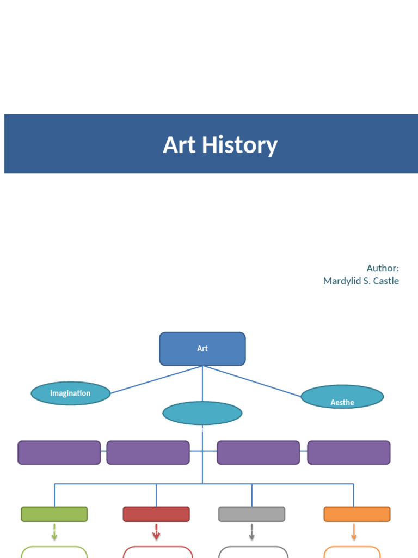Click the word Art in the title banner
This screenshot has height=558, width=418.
[179, 145]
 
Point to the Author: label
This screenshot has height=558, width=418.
[382, 268]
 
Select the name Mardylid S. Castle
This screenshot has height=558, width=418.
[361, 281]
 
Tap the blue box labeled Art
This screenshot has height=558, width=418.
[202, 349]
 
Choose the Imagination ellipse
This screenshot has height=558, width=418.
[71, 393]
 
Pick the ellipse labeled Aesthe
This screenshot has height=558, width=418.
[342, 397]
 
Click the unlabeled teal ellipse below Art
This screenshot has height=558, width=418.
[202, 413]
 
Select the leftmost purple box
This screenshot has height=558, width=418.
[59, 453]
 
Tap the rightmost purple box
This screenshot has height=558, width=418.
[349, 453]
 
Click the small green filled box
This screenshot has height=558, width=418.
[54, 514]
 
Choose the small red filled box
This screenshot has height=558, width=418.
[156, 514]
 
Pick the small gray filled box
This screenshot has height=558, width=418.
[251, 514]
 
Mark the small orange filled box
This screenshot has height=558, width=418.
[357, 514]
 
